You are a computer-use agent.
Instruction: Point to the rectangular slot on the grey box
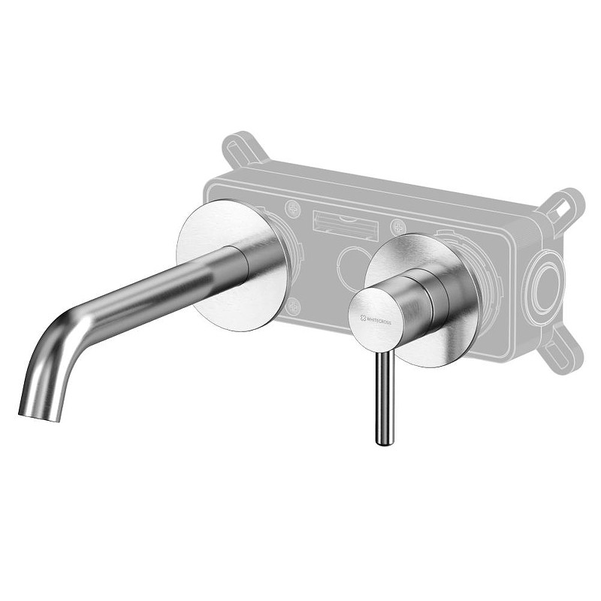342,224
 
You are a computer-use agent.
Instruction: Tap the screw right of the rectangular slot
397,226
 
